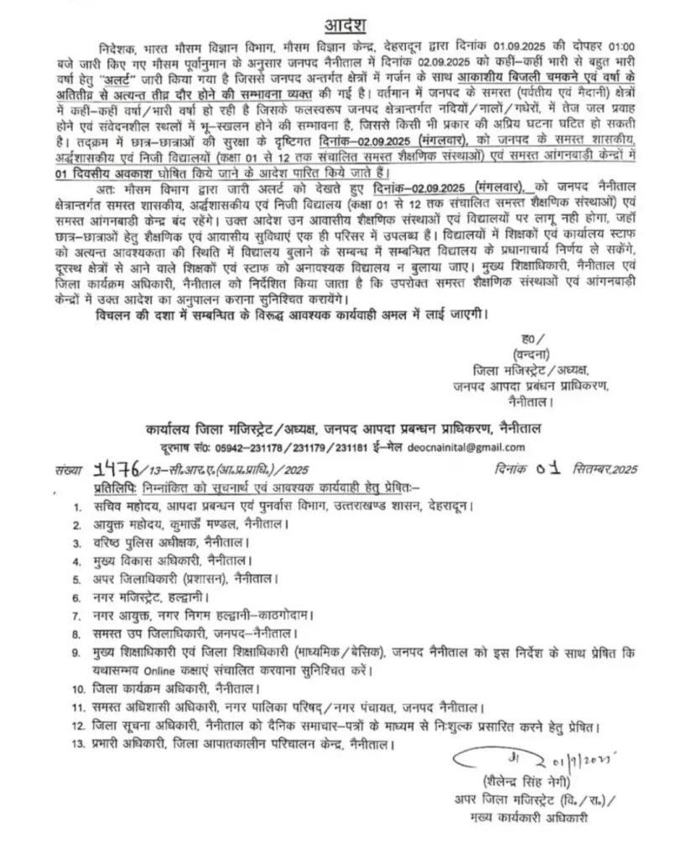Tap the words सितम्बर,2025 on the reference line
pyautogui.click(x=590, y=471)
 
